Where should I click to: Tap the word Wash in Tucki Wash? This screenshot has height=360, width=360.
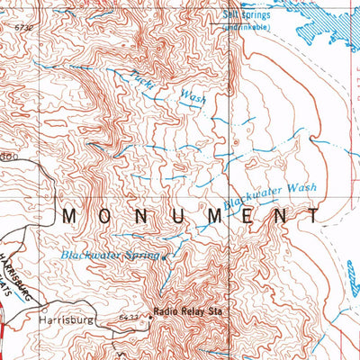click(193, 94)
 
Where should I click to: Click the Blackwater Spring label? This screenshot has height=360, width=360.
click(109, 256)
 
